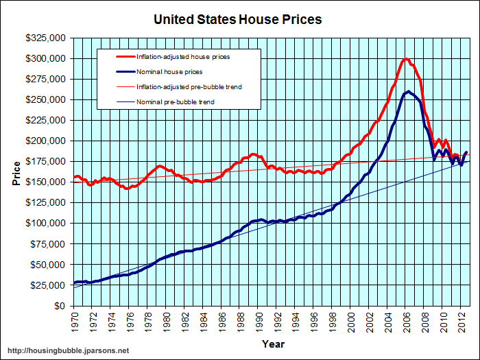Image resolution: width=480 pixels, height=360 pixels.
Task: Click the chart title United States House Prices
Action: [x=237, y=19]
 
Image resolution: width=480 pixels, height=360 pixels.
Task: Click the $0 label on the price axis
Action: [x=61, y=306]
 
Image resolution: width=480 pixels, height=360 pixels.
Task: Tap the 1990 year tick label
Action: [x=260, y=321]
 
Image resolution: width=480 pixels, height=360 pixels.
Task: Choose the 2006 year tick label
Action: [x=407, y=321]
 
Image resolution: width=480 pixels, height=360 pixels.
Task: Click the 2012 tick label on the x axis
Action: [x=463, y=321]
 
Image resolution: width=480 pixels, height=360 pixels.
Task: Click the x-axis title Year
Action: [x=273, y=344]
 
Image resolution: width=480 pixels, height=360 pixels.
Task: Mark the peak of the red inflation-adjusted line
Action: [x=407, y=59]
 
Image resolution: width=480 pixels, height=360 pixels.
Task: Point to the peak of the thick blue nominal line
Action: [x=409, y=91]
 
